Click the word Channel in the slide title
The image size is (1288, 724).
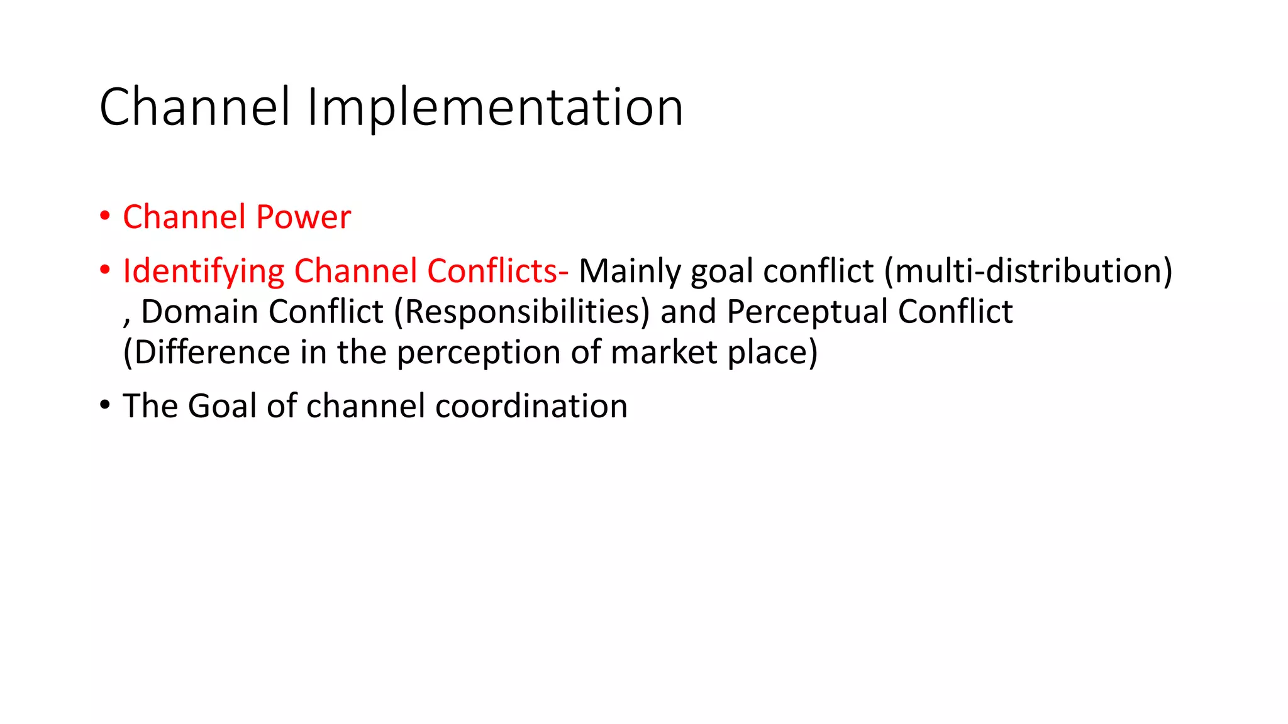[195, 108]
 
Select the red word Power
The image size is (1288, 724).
[303, 217]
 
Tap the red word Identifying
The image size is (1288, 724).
[203, 271]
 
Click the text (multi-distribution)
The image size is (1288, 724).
[1028, 271]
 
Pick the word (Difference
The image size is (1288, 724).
[207, 352]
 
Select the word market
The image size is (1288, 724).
[663, 352]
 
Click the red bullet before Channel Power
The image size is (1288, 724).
[105, 216]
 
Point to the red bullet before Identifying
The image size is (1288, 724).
[105, 270]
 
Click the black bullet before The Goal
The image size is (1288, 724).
[105, 405]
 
